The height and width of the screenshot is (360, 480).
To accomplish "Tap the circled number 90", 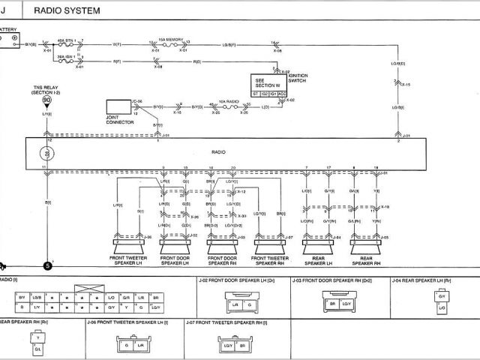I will click(x=47, y=99).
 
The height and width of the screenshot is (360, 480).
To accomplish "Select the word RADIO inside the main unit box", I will click(x=218, y=151).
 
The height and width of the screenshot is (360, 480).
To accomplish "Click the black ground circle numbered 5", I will click(x=48, y=265).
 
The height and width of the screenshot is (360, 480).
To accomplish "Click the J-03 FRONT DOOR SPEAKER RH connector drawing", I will click(x=340, y=304).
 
